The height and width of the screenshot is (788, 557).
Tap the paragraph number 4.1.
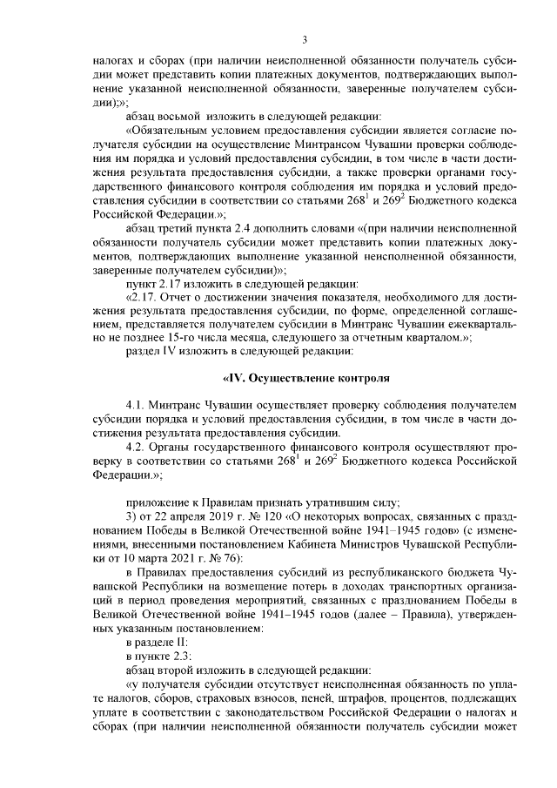click(137, 407)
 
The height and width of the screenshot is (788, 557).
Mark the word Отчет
click(177, 298)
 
